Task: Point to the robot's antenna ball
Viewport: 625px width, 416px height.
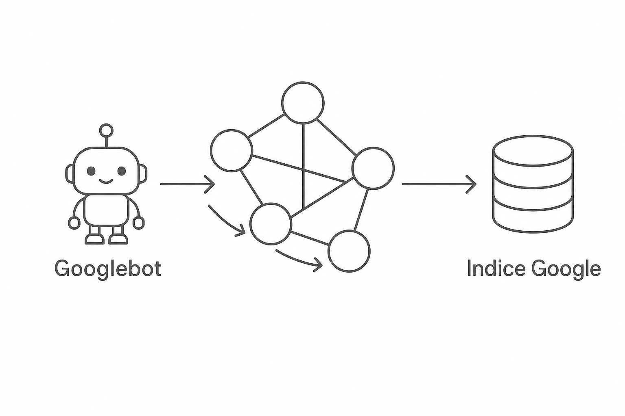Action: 106,130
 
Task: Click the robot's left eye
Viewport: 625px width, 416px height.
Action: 91,171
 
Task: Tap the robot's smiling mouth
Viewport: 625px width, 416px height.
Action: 106,181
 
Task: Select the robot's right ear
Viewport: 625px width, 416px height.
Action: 143,174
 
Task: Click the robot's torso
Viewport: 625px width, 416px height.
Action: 107,210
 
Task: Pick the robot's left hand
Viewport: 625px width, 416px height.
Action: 74,223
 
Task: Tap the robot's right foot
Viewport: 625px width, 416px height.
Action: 118,239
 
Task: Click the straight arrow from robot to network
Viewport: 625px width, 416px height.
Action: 188,184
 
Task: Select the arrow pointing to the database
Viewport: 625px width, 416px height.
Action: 439,184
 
